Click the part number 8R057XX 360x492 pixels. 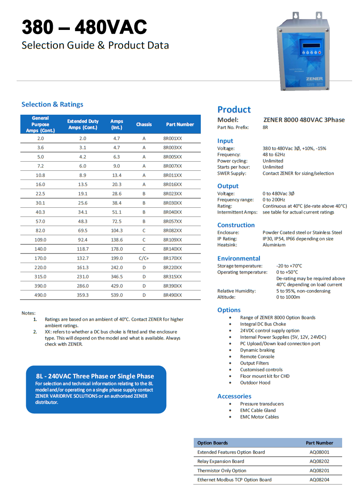[172, 221]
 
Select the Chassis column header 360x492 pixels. [144, 124]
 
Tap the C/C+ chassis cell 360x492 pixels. [144, 258]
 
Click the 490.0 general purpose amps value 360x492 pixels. [40, 295]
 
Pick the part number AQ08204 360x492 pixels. [319, 480]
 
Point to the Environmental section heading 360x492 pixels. [239, 258]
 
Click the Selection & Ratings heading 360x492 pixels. [52, 104]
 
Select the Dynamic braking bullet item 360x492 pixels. [257, 350]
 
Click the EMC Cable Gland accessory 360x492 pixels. [258, 410]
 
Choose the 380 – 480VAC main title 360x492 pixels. [84, 27]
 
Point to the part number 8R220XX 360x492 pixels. [172, 268]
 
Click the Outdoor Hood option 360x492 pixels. [255, 383]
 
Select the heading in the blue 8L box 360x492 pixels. [95, 376]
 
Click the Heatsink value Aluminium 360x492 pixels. [274, 245]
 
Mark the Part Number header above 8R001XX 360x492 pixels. [180, 124]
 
